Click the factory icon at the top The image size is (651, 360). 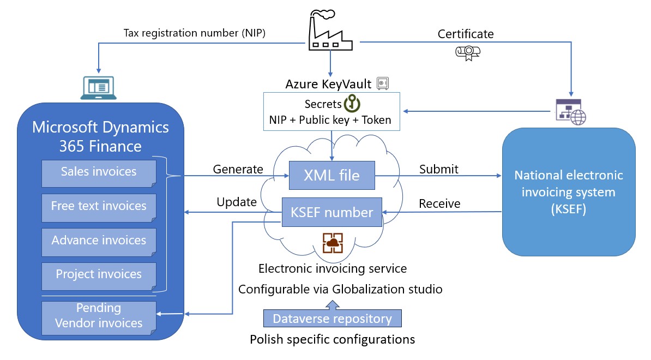329,32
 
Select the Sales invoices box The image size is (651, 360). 99,172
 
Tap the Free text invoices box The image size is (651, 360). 99,206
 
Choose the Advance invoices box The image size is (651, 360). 99,241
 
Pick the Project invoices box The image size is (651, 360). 99,274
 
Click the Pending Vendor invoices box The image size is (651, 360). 99,315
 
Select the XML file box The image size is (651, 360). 332,176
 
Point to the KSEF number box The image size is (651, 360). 332,212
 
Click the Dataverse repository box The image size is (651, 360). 332,319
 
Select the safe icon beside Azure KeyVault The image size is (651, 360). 383,83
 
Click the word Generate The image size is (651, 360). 238,169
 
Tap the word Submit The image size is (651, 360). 438,169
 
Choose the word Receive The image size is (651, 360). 439,203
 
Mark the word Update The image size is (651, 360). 237,202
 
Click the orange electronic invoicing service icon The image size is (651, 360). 332,243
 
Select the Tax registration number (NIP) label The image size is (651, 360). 195,33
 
